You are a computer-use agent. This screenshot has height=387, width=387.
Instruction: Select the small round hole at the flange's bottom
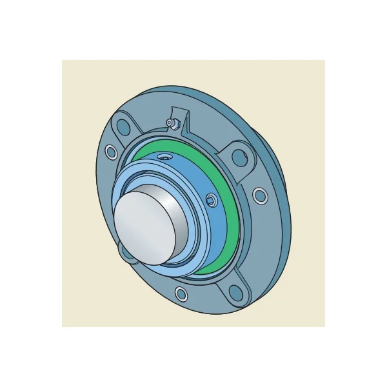(x=182, y=295)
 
